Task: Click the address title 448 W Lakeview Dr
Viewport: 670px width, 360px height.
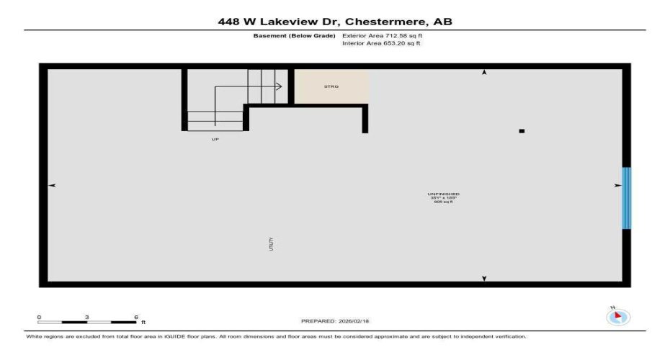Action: pos(335,22)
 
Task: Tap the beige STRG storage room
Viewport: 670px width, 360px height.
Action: pos(331,86)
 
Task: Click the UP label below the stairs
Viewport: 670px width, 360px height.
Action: pos(215,139)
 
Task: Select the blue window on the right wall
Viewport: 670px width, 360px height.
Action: pos(626,198)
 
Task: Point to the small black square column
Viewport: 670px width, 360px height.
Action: pos(522,131)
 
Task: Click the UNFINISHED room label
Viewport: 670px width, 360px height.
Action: pos(443,194)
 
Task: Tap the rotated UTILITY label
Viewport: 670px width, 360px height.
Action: pos(272,244)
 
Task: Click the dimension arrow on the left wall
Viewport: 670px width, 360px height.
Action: pos(52,186)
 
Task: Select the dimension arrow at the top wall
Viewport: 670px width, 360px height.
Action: pos(484,73)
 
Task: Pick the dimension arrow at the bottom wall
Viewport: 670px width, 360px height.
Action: pos(484,278)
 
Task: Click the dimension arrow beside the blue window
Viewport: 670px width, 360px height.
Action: pos(617,186)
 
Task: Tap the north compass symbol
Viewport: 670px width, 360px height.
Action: pos(619,317)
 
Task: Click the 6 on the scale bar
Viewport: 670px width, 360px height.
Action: pos(135,317)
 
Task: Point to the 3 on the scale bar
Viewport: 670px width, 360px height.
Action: pos(87,317)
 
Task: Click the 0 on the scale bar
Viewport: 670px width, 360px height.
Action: pos(40,317)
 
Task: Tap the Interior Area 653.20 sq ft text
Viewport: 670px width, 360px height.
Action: pos(381,43)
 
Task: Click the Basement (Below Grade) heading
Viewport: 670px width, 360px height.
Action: pos(293,35)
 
